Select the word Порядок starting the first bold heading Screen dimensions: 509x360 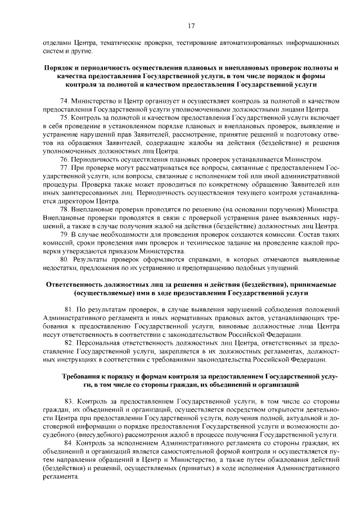[x=61, y=67]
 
